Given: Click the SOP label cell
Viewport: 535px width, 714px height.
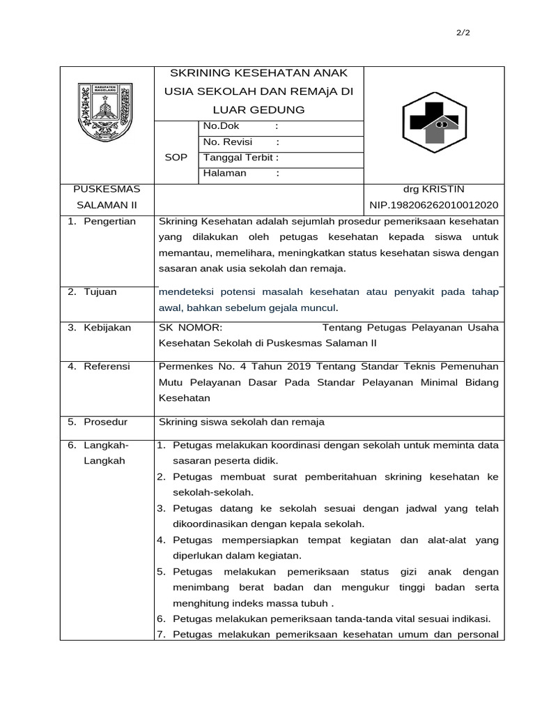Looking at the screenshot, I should (x=176, y=158).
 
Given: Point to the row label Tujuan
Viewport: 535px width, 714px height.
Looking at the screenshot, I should (x=101, y=292).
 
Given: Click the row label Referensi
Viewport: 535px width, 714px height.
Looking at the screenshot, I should (x=108, y=365).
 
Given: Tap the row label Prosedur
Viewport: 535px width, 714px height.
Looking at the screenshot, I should (x=107, y=422).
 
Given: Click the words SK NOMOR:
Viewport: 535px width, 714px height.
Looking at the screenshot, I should (x=190, y=328).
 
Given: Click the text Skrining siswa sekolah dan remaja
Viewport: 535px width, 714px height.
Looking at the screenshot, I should (x=242, y=422).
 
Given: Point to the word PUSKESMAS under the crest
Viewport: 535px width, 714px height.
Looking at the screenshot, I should (x=107, y=190).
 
